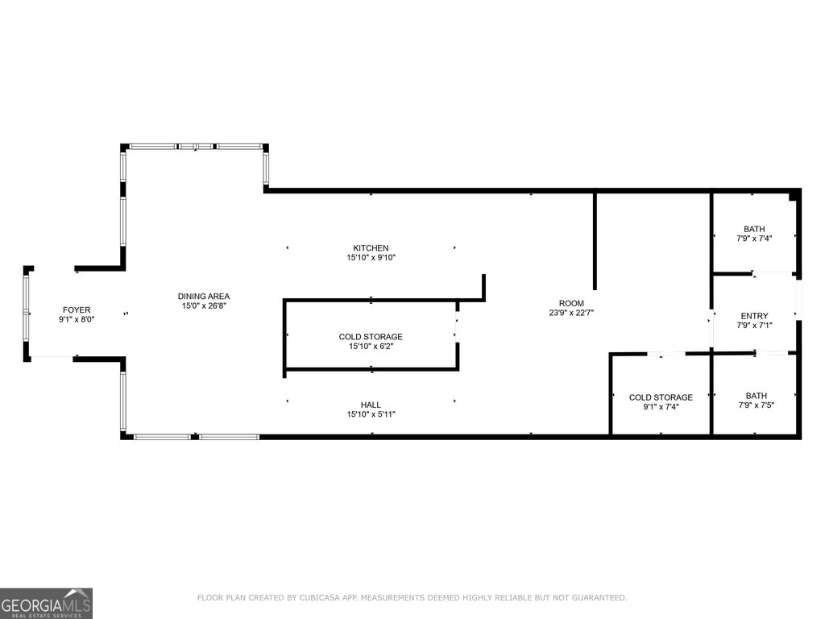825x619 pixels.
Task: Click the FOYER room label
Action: (77, 310)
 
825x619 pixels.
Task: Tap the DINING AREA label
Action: (204, 297)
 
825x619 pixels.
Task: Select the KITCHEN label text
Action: (371, 248)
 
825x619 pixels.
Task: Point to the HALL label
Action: (371, 405)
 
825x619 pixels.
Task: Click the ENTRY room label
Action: (754, 316)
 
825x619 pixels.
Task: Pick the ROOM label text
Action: (571, 303)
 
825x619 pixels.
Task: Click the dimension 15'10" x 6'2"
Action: (371, 347)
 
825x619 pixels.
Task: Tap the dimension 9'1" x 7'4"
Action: (661, 407)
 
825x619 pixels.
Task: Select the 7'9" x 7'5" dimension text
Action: (756, 405)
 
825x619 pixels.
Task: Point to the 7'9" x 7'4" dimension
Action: (754, 239)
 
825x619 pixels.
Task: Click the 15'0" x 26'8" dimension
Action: (204, 305)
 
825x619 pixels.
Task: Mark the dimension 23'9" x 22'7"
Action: (571, 313)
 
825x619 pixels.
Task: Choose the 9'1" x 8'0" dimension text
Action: (77, 319)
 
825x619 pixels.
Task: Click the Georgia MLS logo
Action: (46, 603)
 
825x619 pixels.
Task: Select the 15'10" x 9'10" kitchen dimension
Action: (371, 257)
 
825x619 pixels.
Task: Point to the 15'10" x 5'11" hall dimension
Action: (371, 414)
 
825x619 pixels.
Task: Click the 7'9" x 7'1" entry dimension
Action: (754, 326)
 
